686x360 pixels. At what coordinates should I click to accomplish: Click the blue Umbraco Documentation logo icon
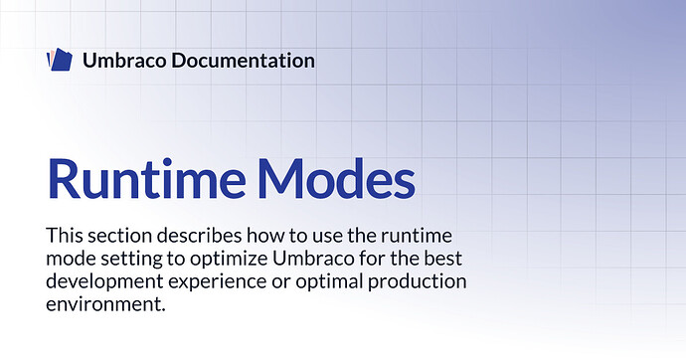pyautogui.click(x=60, y=60)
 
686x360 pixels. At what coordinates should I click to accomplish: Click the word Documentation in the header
pyautogui.click(x=243, y=61)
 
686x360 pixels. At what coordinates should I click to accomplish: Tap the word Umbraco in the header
pyautogui.click(x=124, y=61)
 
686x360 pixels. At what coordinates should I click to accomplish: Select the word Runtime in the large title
pyautogui.click(x=146, y=178)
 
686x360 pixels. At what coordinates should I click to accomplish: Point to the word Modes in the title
pyautogui.click(x=336, y=178)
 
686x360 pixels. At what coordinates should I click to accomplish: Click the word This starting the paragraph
pyautogui.click(x=64, y=236)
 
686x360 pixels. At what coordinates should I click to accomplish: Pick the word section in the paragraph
pyautogui.click(x=119, y=237)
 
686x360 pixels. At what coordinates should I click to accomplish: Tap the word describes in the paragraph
pyautogui.click(x=199, y=236)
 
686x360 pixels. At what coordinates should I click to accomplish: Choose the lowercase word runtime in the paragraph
pyautogui.click(x=416, y=237)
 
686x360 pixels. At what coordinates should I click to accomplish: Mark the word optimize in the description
pyautogui.click(x=229, y=259)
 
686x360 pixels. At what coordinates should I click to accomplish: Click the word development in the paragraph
pyautogui.click(x=104, y=281)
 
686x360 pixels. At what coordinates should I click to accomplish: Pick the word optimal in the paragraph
pyautogui.click(x=329, y=281)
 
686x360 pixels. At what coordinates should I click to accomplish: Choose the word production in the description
pyautogui.click(x=417, y=281)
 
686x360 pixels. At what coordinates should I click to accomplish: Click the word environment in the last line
pyautogui.click(x=102, y=304)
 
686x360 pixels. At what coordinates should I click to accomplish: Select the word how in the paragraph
pyautogui.click(x=263, y=236)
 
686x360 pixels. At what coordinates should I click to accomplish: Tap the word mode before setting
pyautogui.click(x=71, y=259)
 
